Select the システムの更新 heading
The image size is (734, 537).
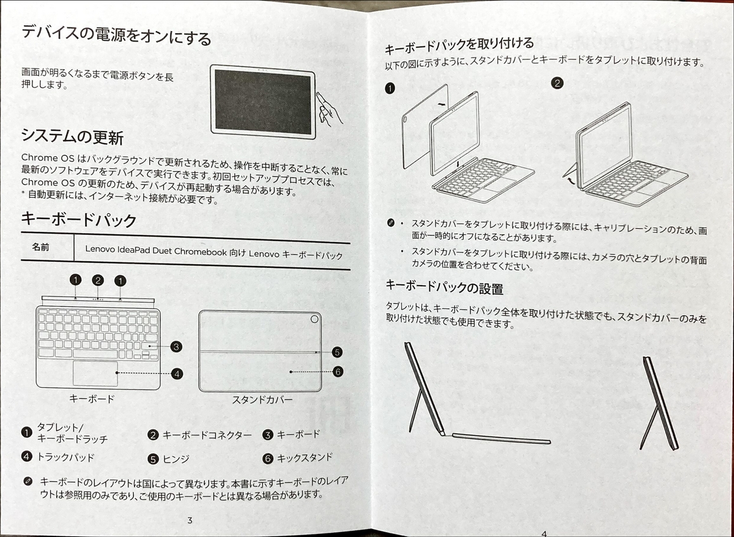coord(73,135)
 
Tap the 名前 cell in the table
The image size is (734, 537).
coord(41,248)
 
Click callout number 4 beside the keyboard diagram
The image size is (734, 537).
coord(177,372)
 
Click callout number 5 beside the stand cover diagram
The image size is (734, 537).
coord(337,352)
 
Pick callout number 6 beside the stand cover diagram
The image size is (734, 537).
coord(337,371)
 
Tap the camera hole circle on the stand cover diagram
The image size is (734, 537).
coord(314,319)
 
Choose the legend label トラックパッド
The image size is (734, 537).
coord(66,457)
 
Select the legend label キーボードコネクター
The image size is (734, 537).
coord(207,435)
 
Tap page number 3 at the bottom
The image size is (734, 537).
coord(190,520)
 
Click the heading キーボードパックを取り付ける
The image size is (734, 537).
coord(459,45)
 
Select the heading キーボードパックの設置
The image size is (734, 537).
coord(444,286)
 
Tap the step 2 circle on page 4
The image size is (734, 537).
coord(557,83)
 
